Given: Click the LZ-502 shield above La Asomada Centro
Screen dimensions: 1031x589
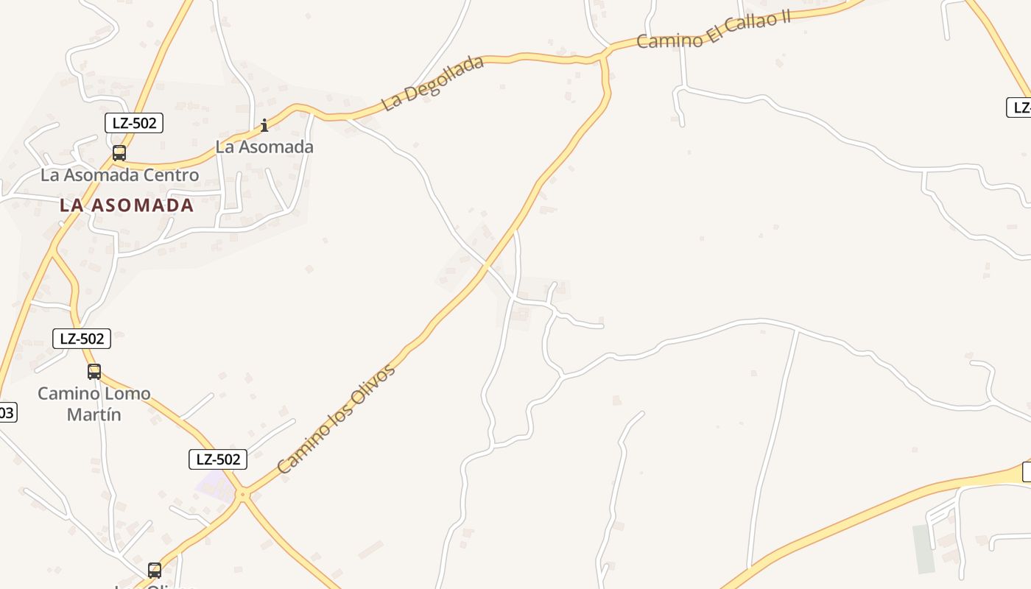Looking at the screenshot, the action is click(x=133, y=123).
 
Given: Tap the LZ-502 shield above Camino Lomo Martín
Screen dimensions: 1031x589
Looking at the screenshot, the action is click(x=82, y=339).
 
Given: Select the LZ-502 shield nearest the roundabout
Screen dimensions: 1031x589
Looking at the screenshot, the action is click(x=217, y=459).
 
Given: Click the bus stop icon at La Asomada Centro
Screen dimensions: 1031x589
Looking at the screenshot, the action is click(x=119, y=153).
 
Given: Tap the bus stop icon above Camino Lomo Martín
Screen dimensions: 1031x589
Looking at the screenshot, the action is click(x=94, y=372).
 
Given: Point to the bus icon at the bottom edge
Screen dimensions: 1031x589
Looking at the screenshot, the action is click(x=155, y=570).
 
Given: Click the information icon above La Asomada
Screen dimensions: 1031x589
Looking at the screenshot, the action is click(x=264, y=126).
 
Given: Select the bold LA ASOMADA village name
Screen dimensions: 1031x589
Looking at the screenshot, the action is click(x=127, y=205).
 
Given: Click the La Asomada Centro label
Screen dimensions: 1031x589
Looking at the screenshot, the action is click(x=119, y=175).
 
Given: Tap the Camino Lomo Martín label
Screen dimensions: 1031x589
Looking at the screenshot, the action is click(x=94, y=403).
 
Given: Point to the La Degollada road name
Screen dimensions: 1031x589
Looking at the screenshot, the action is click(x=432, y=82).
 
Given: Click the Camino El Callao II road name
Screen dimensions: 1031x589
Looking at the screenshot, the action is click(x=713, y=30).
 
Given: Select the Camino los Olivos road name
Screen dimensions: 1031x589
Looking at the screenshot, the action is click(x=336, y=418).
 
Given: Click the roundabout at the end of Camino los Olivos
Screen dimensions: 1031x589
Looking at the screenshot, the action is click(x=242, y=496).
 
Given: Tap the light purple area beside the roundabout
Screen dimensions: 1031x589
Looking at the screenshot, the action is click(x=214, y=484).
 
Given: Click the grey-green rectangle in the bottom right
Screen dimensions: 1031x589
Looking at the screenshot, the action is click(x=923, y=549).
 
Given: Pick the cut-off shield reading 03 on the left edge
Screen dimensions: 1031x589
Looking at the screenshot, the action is click(x=7, y=412).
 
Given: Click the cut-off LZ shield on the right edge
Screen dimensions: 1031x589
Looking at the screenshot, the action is click(x=1020, y=107).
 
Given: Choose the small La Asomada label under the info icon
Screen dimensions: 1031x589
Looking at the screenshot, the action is click(x=264, y=147).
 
